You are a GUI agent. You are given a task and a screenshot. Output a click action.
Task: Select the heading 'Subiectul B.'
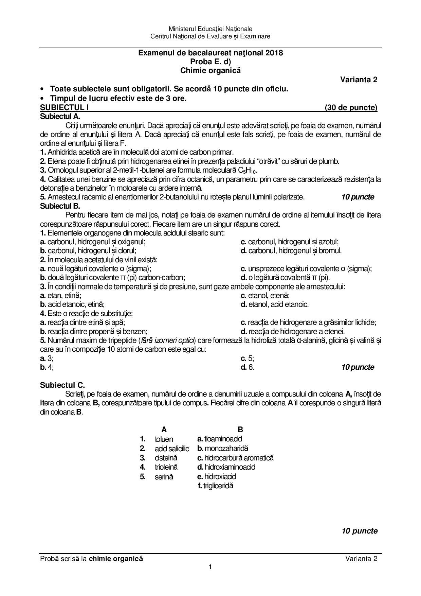(60, 206)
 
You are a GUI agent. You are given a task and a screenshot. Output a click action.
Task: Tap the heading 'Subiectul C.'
(62, 385)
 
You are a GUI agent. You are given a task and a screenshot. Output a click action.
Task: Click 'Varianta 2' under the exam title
(359, 80)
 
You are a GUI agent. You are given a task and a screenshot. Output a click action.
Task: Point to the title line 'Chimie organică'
(210, 70)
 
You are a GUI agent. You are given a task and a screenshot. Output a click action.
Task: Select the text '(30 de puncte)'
(351, 108)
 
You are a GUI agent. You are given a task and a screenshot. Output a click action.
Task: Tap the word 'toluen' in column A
(164, 439)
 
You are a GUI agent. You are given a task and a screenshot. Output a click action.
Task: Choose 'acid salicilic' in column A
(172, 449)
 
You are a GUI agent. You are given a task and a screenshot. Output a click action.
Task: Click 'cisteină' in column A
(166, 458)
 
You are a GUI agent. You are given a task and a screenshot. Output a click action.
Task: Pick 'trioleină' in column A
(166, 467)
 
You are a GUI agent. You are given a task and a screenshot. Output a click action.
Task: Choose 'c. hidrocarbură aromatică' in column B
(235, 458)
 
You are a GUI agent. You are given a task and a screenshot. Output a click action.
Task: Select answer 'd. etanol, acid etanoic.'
(275, 304)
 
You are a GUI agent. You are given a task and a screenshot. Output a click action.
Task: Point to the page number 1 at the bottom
(210, 566)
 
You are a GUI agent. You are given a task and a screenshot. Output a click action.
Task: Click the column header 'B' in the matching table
(240, 430)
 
